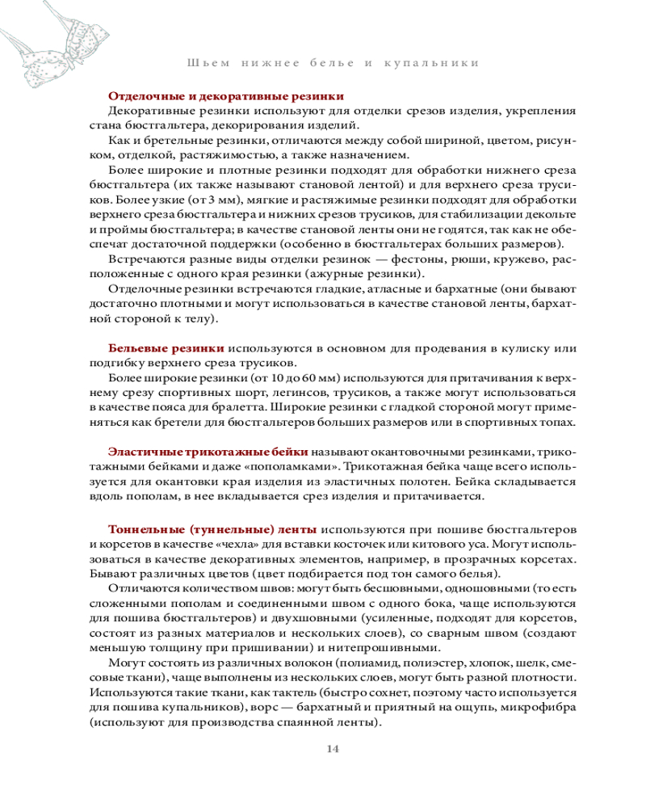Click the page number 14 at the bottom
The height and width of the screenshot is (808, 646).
pos(333,748)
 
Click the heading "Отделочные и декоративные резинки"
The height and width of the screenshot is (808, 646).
pos(220,95)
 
